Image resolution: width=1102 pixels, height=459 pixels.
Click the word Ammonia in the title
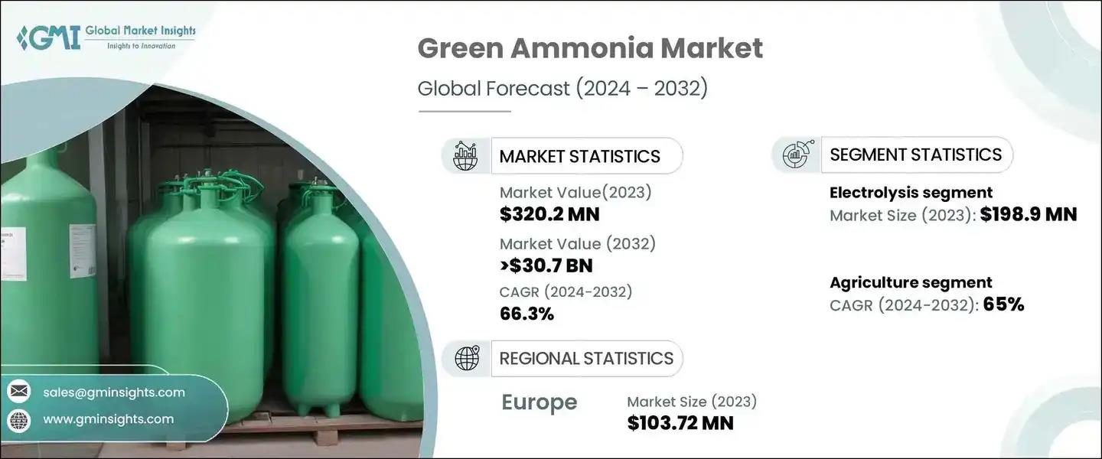pos(582,48)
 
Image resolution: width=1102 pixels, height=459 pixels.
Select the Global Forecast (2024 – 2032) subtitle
pos(562,89)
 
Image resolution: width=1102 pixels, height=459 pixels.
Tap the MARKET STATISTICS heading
pos(579,157)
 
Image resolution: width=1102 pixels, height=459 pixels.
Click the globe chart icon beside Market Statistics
pos(465,156)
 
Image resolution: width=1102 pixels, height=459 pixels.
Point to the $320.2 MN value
pos(549,214)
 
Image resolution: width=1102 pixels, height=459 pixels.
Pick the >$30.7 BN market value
pos(546,265)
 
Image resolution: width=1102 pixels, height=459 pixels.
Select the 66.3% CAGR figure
pos(527,314)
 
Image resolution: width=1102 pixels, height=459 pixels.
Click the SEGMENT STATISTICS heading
pos(915,155)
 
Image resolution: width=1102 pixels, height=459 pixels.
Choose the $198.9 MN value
pos(1029,214)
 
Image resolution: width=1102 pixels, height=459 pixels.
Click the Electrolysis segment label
pos(911,192)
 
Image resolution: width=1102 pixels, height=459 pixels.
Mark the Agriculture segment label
pos(911,282)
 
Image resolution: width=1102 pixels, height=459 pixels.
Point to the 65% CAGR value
pos(1003,304)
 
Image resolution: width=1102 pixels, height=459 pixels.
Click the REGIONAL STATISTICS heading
pos(586,359)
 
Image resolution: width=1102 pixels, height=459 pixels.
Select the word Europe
pos(540,402)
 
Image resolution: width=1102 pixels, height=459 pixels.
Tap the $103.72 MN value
pos(680,423)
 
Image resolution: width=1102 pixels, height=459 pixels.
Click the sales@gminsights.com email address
pos(114,392)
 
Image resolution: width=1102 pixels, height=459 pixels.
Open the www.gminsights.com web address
pos(108,419)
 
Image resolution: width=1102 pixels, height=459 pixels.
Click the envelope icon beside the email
pos(19,392)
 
